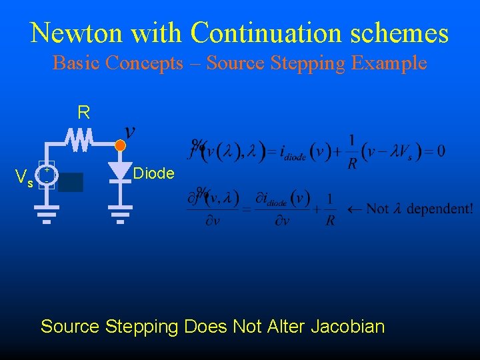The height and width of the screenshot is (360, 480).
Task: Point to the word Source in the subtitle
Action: [x=233, y=63]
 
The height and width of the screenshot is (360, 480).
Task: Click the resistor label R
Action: [x=83, y=112]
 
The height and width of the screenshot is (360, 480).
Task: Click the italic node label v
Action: [x=130, y=131]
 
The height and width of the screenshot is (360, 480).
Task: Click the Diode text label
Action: [x=154, y=174]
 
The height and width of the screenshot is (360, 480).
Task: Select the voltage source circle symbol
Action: [x=47, y=176]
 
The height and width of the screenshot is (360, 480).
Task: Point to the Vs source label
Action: [x=25, y=178]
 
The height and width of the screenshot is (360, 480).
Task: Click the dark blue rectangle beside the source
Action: [x=71, y=182]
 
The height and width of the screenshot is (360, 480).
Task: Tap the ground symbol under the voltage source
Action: [x=47, y=214]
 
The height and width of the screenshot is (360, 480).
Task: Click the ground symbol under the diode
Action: [x=120, y=214]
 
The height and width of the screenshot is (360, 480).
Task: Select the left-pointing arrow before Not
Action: [x=352, y=209]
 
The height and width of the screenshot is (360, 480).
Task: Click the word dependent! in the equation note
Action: [x=440, y=209]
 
